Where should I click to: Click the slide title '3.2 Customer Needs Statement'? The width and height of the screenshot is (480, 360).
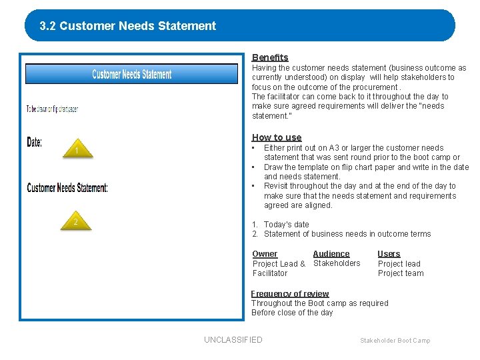(128, 26)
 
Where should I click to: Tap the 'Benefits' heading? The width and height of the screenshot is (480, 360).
(270, 57)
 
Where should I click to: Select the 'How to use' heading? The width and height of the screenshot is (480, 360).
(276, 137)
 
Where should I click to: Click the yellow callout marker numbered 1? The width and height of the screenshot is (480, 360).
(77, 151)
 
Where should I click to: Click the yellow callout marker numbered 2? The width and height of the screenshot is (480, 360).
(77, 222)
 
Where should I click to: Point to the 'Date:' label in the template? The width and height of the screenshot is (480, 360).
(35, 142)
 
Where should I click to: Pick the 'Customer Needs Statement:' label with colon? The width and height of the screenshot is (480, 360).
(67, 188)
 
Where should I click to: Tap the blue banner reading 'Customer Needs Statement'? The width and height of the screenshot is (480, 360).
(131, 74)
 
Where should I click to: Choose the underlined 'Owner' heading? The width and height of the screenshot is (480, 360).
(265, 253)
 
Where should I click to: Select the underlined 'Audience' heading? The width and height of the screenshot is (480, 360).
(331, 253)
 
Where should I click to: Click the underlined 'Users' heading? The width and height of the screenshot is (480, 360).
(389, 253)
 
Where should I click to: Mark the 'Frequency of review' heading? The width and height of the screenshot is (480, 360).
(290, 293)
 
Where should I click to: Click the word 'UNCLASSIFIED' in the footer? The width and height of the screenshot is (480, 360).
(233, 340)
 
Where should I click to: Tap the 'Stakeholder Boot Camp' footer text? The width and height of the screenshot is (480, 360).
(395, 341)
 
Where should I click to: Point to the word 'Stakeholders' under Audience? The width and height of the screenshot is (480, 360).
(337, 263)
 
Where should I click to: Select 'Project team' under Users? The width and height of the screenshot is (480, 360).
(401, 273)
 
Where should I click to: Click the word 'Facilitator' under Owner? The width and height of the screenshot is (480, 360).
(270, 273)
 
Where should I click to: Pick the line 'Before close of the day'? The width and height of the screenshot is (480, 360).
(292, 313)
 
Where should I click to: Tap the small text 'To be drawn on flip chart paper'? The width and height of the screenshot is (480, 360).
(52, 109)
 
